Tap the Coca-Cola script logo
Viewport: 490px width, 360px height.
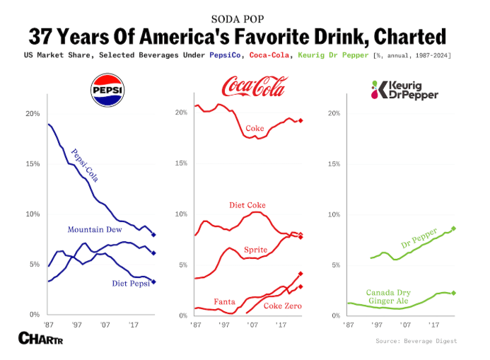coord(254,87)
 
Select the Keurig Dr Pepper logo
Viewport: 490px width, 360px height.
coord(405,90)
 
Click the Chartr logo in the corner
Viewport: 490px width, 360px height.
coord(42,339)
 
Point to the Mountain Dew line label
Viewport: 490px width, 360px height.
coord(95,230)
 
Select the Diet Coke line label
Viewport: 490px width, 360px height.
coord(247,205)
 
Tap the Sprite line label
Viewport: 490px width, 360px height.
coord(255,250)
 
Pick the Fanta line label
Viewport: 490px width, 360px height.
coord(224,301)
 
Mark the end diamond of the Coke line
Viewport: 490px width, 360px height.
coord(301,121)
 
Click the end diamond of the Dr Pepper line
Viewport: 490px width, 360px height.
coord(454,228)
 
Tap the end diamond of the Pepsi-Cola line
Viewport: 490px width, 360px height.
coord(153,234)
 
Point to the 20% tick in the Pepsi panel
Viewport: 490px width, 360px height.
coord(33,113)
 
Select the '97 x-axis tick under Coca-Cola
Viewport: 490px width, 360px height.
coord(223,324)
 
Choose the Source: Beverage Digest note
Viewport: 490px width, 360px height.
coord(416,341)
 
